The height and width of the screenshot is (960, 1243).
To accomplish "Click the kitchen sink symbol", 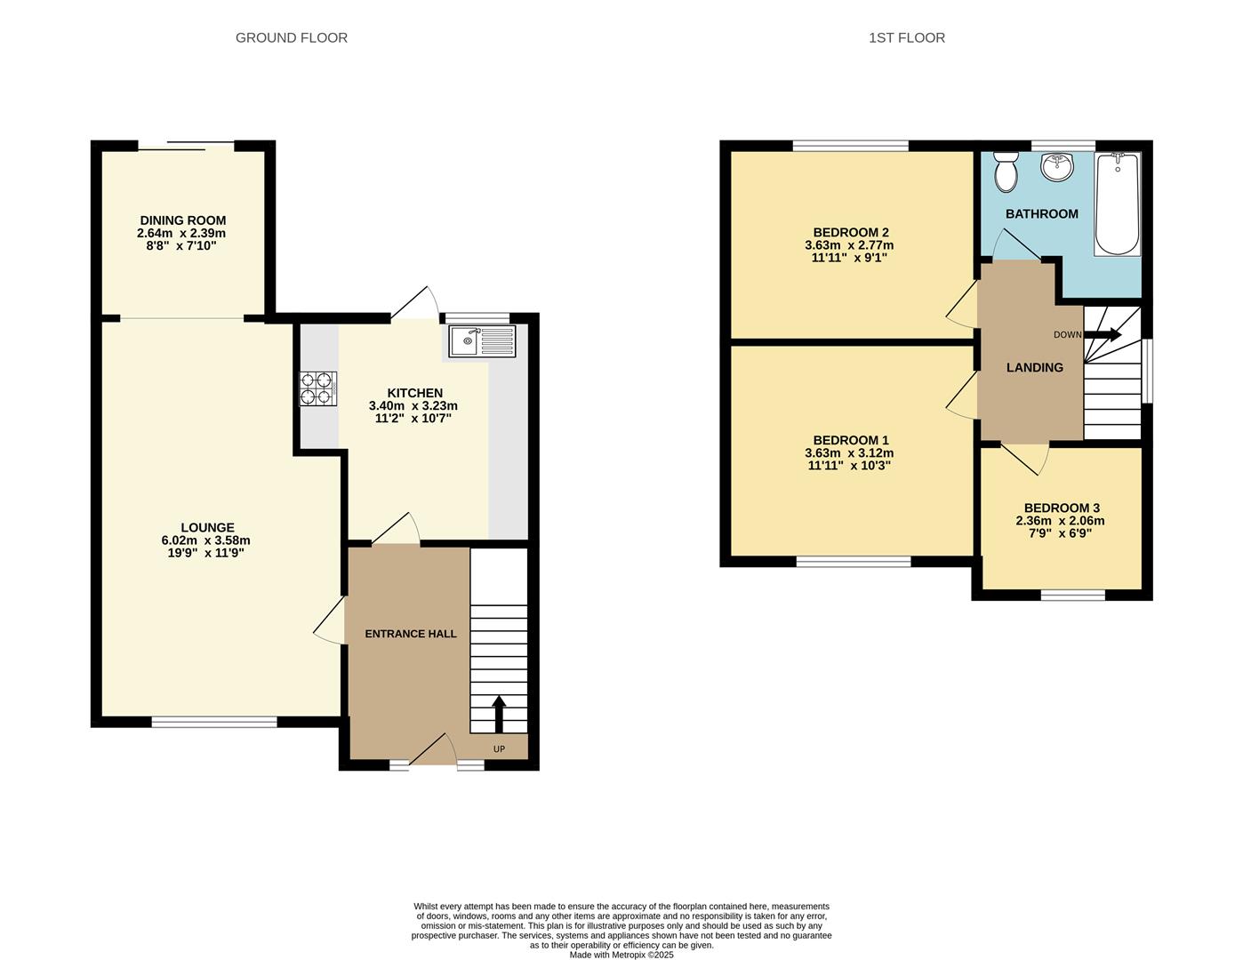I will click(481, 341).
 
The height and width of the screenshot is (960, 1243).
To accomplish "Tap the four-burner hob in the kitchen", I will click(318, 388).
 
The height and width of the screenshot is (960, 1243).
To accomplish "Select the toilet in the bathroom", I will click(1006, 171).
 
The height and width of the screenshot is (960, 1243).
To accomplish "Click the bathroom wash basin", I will click(1057, 166).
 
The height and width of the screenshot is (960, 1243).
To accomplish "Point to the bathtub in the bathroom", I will click(1117, 204).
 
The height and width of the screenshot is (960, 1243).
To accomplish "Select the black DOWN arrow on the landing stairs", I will click(1103, 334).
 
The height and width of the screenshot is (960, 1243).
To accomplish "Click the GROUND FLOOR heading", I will click(291, 37).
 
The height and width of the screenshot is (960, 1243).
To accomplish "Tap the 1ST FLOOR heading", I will click(906, 37).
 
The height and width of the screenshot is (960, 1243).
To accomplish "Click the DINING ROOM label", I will click(182, 220).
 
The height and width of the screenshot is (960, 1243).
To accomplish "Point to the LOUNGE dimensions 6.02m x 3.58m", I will click(205, 540).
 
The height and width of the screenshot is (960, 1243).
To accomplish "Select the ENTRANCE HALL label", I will click(411, 634).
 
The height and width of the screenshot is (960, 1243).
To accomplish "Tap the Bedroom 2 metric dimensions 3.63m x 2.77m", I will click(848, 245).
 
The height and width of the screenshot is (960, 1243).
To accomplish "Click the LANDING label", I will click(1034, 367).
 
